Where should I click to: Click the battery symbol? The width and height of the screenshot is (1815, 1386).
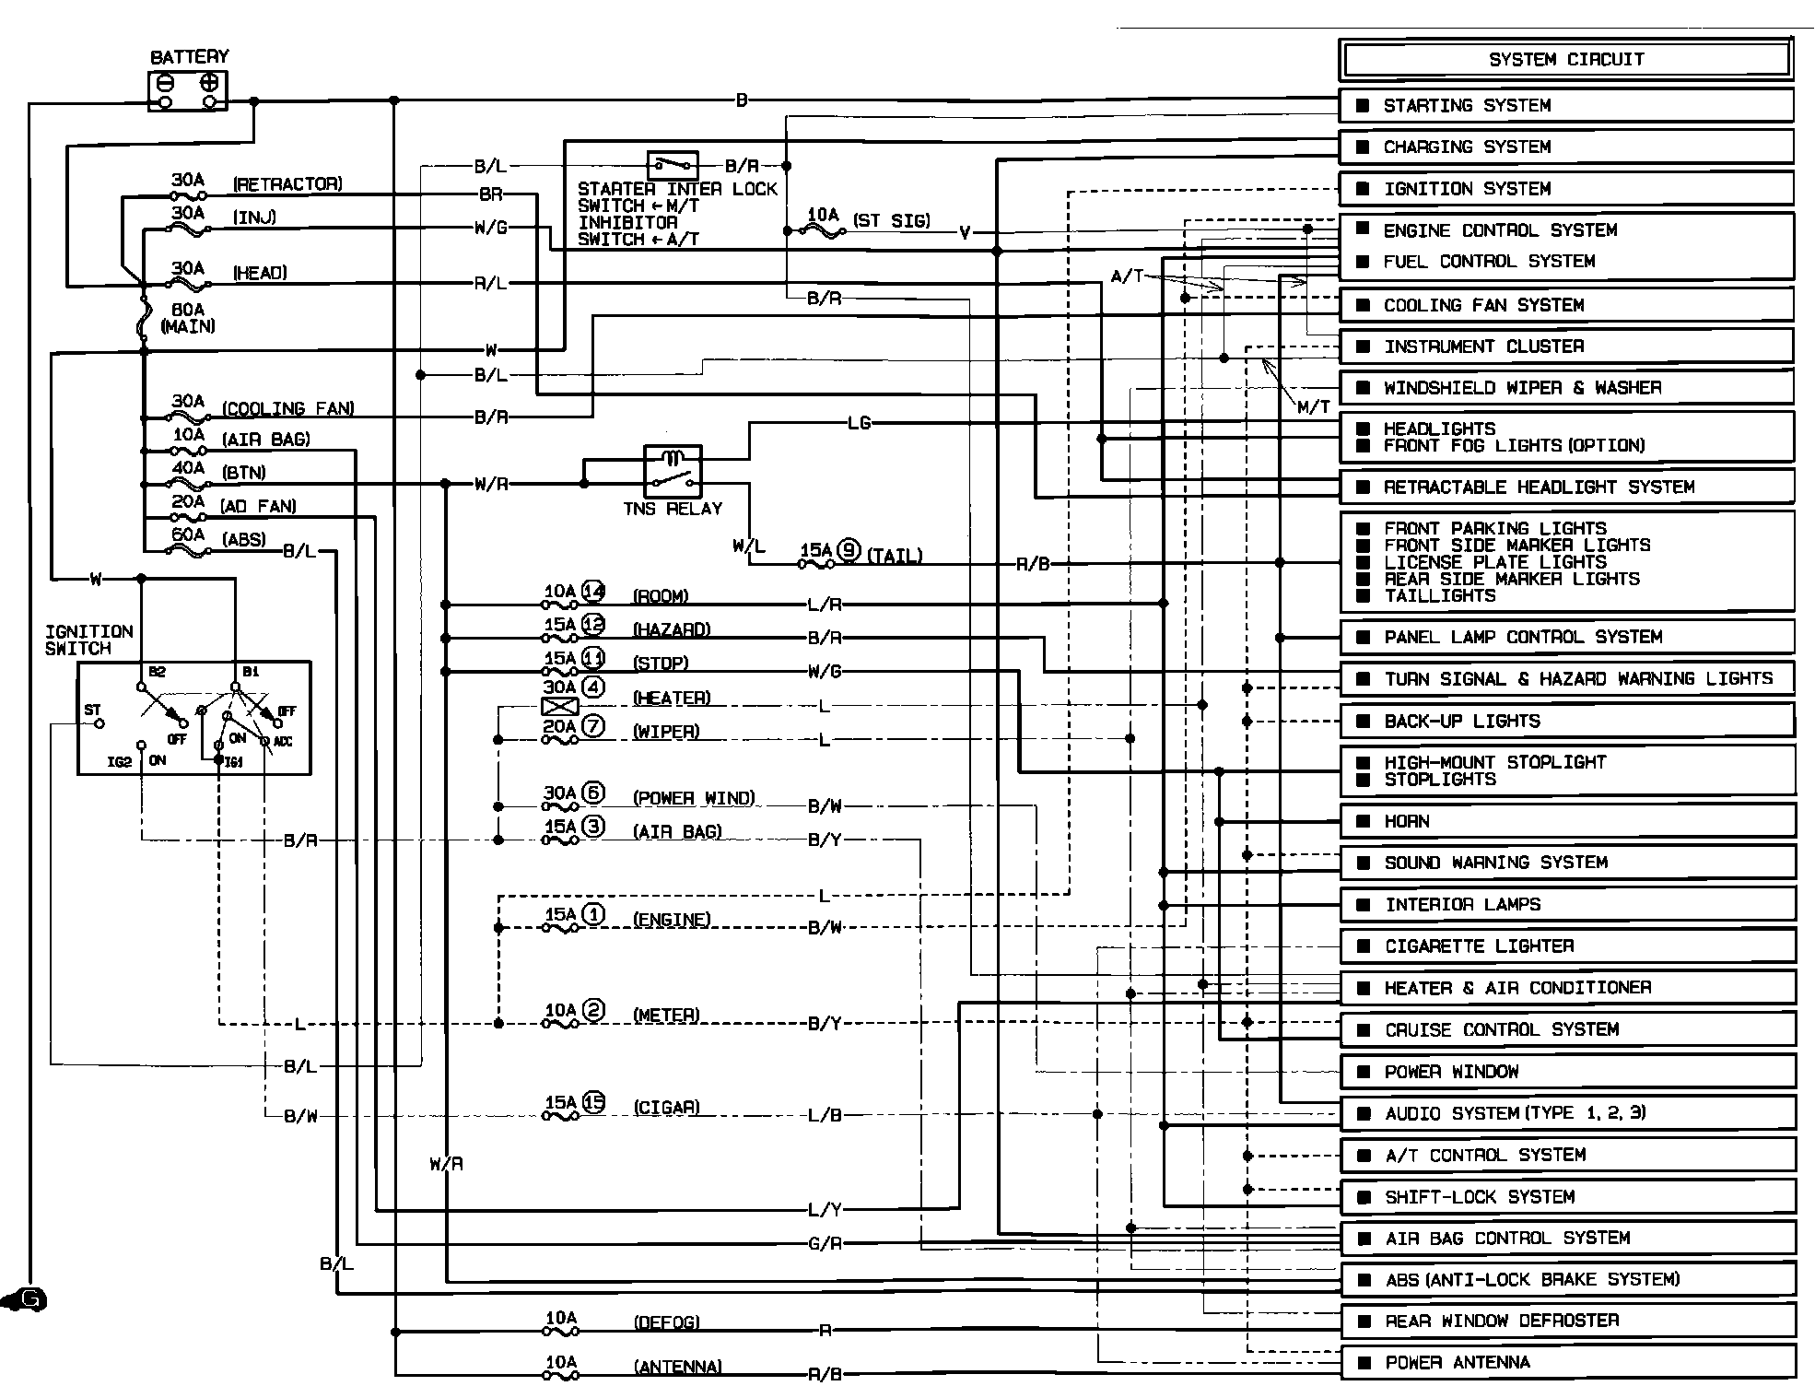point(188,91)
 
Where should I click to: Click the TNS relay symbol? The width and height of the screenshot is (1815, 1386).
point(673,471)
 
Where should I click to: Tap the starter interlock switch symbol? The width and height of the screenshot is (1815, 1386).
point(673,166)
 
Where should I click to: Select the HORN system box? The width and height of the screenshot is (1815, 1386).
point(1567,821)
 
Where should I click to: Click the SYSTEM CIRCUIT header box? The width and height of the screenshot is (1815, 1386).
point(1565,60)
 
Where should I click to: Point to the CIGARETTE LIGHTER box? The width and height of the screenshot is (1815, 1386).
point(1567,946)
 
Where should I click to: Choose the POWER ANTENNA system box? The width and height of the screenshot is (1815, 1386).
point(1567,1362)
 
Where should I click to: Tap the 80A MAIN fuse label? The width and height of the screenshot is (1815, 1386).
point(189,318)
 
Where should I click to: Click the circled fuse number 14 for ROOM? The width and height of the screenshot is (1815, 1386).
point(593,592)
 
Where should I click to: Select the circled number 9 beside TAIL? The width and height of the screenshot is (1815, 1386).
point(849,551)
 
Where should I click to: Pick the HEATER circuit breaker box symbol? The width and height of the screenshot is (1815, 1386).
point(560,707)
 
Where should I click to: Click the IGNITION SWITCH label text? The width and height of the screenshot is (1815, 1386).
point(88,640)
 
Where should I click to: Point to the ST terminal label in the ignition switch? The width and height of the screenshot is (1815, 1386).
point(92,710)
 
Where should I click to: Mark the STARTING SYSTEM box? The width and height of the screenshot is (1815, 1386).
point(1565,105)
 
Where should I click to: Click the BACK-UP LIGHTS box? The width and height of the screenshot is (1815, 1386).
point(1567,721)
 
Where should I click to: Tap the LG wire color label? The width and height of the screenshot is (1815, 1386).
point(859,423)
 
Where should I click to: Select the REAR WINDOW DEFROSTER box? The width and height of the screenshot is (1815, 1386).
point(1567,1321)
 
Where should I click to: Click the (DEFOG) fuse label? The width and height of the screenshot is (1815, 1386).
point(666,1322)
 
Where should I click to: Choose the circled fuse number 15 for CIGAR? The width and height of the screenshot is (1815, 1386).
point(594,1102)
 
